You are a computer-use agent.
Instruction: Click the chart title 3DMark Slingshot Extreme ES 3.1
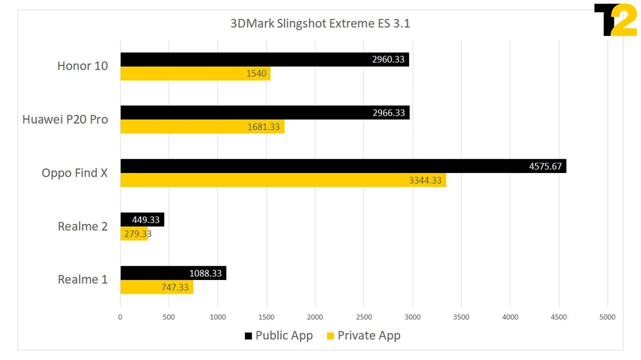tap(320, 24)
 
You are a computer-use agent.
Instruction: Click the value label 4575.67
tap(545, 167)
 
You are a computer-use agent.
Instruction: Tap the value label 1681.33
tap(263, 127)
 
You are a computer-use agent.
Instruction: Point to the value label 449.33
tap(146, 220)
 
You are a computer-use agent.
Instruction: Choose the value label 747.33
tap(175, 288)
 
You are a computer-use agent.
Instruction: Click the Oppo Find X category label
tap(74, 173)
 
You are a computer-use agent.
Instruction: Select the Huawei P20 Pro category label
tap(65, 119)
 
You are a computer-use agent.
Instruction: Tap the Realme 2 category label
tap(83, 226)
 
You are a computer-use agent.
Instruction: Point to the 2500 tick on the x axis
tap(363, 316)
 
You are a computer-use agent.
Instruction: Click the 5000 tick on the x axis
tap(607, 316)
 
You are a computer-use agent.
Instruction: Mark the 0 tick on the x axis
tap(120, 316)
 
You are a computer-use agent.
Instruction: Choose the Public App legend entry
tap(278, 336)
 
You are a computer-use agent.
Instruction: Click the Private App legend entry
tap(363, 336)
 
